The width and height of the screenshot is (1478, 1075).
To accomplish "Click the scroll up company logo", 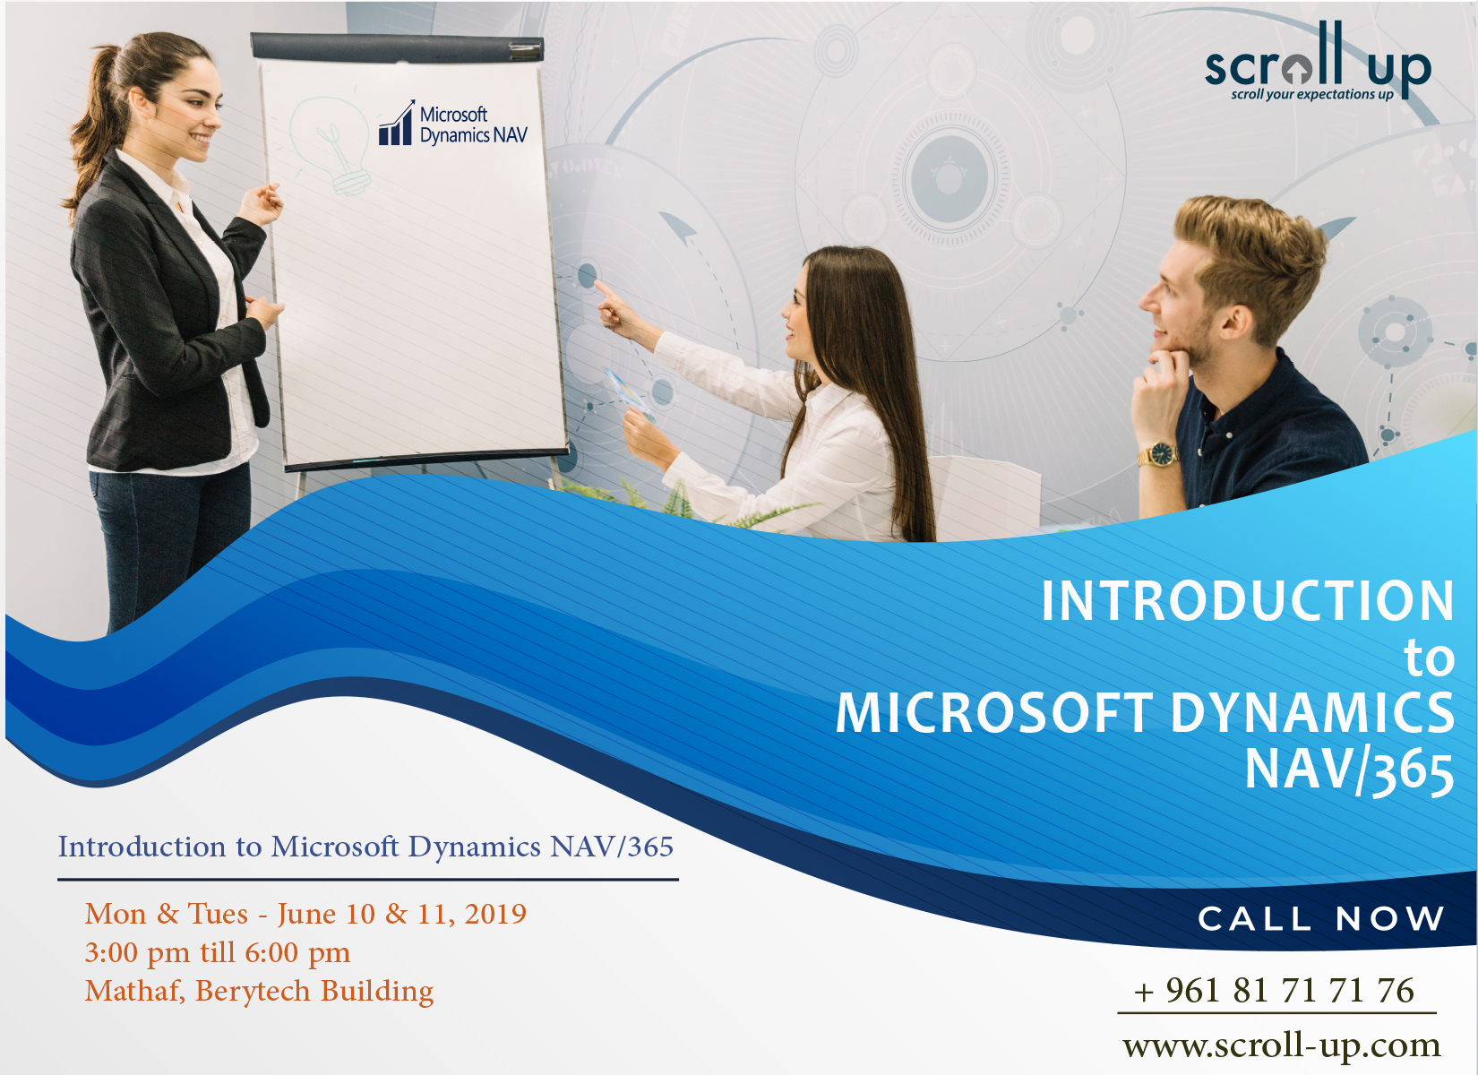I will pyautogui.click(x=1317, y=63).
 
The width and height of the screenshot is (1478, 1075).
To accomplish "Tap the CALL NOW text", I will pyautogui.click(x=1321, y=918).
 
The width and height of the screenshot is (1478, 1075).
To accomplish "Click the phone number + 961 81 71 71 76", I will pyautogui.click(x=1274, y=991).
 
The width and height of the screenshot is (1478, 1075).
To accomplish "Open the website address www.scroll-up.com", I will pyautogui.click(x=1281, y=1045).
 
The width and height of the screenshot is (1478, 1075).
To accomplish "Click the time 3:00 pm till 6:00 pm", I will pyautogui.click(x=217, y=952).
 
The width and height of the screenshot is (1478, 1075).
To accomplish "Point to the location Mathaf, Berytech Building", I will pyautogui.click(x=259, y=991).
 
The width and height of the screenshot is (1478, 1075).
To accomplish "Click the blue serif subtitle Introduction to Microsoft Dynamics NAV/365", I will pyautogui.click(x=365, y=847).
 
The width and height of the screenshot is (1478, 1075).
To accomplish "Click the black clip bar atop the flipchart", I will pyautogui.click(x=397, y=47).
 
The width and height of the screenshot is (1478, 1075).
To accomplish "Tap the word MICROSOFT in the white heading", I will pyautogui.click(x=994, y=714).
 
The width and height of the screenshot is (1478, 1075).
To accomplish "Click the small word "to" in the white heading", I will pyautogui.click(x=1429, y=658).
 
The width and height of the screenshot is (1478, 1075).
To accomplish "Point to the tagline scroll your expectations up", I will pyautogui.click(x=1311, y=94).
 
